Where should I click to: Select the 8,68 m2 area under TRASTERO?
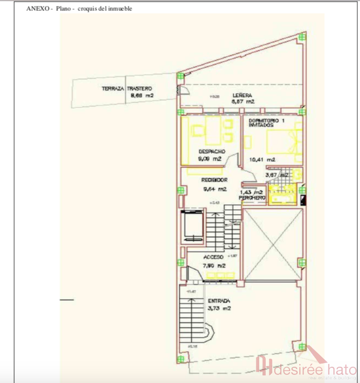click(x=143, y=96)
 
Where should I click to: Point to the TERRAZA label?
click(x=113, y=88)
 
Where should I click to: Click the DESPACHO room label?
click(x=211, y=152)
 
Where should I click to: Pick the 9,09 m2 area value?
click(x=210, y=159)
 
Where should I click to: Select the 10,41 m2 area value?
click(x=262, y=160)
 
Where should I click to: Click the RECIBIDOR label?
click(x=214, y=180)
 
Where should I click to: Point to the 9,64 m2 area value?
click(x=214, y=189)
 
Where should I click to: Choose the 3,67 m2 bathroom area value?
click(x=274, y=175)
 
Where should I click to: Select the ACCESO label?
click(x=213, y=257)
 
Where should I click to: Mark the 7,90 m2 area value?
click(x=214, y=266)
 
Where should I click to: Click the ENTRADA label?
click(x=218, y=301)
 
